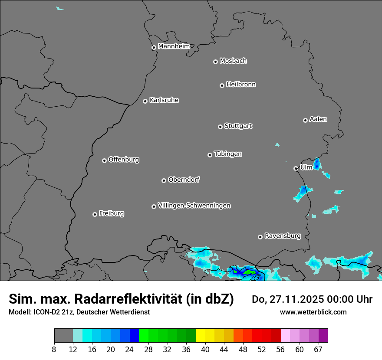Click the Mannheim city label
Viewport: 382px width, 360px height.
tap(174, 46)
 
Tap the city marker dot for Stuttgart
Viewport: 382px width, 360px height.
tap(221, 127)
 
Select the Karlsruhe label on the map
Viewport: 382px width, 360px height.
tap(164, 100)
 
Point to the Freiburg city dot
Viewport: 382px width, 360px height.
tap(95, 214)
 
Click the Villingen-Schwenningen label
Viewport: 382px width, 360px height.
tap(194, 206)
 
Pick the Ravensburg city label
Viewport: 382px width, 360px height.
tap(283, 236)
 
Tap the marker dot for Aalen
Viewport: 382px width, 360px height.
tap(305, 120)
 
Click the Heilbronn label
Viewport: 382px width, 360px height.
tap(241, 85)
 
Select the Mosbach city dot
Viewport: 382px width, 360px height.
tap(215, 62)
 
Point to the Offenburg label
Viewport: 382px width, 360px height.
tap(124, 160)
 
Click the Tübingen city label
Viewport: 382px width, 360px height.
tap(228, 154)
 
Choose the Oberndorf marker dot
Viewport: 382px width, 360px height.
tap(164, 180)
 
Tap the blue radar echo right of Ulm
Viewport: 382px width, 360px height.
tap(317, 164)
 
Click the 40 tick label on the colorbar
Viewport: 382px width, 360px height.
tap(205, 349)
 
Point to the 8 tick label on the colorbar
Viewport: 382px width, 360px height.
tap(54, 349)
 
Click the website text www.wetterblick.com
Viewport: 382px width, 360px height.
tap(313, 312)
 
